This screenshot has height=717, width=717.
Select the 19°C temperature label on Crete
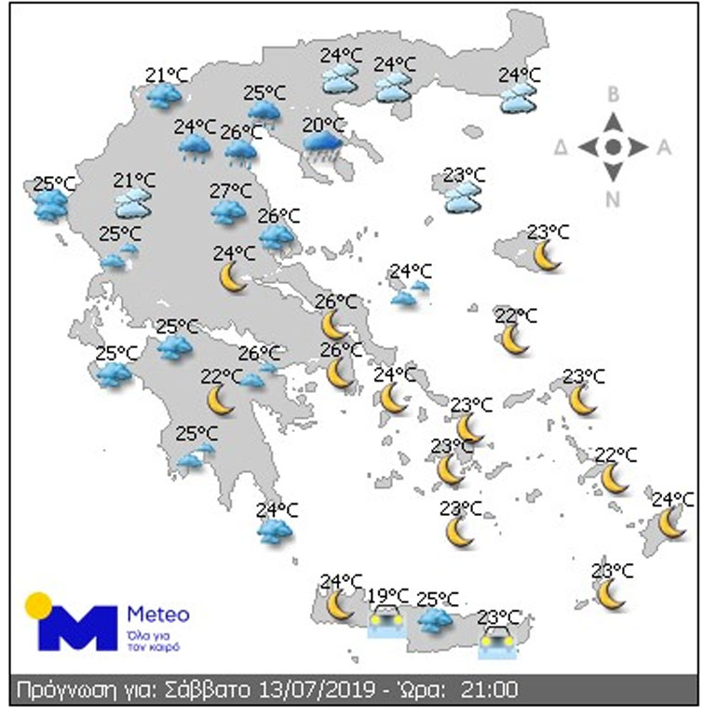tap(388, 596)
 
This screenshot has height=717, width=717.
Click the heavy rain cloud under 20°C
tap(323, 145)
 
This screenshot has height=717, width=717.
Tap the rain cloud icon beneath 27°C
tap(228, 212)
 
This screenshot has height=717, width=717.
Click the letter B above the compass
tap(614, 93)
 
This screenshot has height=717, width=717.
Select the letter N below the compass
tap(614, 198)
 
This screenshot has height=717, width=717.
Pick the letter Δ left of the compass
tap(561, 147)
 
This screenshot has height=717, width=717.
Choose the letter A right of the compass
tap(665, 146)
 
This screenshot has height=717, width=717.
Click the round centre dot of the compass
tap(613, 146)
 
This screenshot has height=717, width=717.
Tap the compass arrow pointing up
tap(613, 123)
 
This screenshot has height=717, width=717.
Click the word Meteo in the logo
tap(157, 616)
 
